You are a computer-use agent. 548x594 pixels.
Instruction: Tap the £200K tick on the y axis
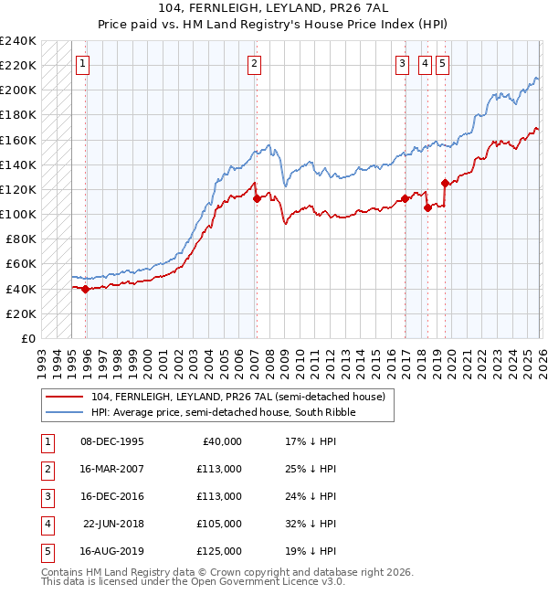tap(17, 90)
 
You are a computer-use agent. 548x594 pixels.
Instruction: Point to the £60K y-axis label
tap(20, 264)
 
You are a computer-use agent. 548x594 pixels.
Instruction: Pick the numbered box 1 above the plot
tap(83, 64)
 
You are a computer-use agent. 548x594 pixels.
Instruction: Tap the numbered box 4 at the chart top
tap(425, 64)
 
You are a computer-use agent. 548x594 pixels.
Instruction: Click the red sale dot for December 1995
tap(86, 289)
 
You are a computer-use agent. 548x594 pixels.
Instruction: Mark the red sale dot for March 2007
tap(257, 198)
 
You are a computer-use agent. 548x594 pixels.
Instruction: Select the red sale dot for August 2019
tap(445, 183)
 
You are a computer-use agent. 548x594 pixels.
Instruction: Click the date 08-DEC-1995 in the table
tap(112, 440)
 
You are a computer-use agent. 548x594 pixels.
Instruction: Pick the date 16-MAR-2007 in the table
tap(112, 469)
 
